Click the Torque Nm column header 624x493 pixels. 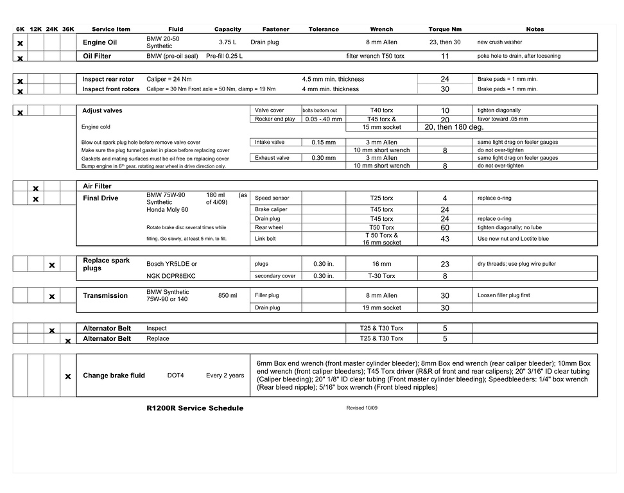point(445,29)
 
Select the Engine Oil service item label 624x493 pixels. point(100,43)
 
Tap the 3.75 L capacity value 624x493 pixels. point(229,42)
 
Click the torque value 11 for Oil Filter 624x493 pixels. point(445,56)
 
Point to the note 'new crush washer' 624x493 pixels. point(499,42)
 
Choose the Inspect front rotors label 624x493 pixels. point(110,89)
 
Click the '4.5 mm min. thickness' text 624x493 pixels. point(333,80)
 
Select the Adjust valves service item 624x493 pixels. point(102,110)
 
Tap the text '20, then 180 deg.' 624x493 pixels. point(454,127)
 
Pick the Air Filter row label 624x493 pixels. point(97,186)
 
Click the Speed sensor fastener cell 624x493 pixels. point(272,198)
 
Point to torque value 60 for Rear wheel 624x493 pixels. point(445,228)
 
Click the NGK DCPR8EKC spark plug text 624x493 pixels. point(171,276)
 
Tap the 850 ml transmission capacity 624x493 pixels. point(227,296)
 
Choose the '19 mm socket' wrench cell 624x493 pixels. point(381,308)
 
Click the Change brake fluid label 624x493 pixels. point(114,376)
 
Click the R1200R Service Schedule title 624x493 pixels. point(195,408)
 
